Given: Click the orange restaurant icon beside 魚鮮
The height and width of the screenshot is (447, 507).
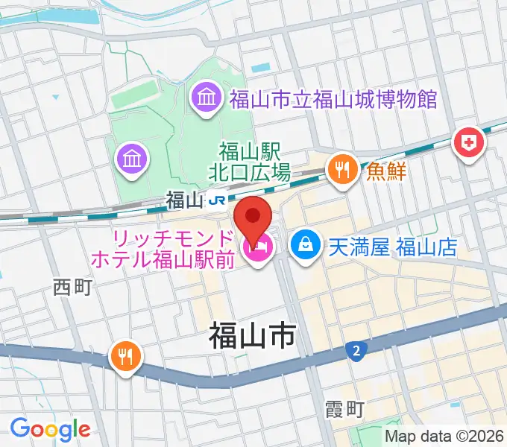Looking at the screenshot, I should tap(341, 168).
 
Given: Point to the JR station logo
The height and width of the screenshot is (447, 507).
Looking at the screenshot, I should tap(216, 200).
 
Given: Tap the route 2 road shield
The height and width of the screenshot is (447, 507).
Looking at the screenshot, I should tap(356, 349).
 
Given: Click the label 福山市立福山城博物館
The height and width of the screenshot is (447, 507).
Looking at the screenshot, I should tap(333, 98).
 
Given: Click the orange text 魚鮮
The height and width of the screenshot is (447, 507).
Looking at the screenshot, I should tap(385, 171).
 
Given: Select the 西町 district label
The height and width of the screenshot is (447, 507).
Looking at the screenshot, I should tap(72, 288).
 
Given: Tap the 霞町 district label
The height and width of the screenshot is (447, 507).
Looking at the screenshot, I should tap(344, 409).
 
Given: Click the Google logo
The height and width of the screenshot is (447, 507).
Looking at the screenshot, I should tap(50, 429).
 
